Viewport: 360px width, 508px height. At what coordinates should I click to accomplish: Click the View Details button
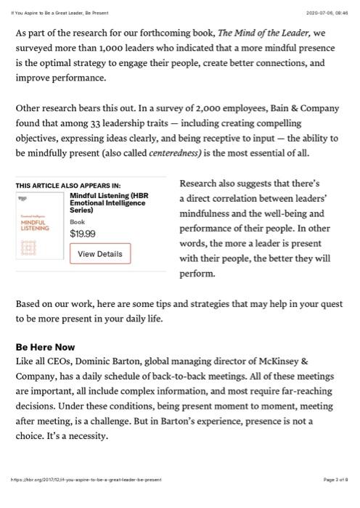(x=100, y=253)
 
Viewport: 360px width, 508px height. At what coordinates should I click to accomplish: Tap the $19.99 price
(x=83, y=234)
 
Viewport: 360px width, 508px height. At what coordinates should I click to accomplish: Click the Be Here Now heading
(x=45, y=347)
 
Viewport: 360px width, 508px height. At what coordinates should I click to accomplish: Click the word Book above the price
(x=77, y=221)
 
